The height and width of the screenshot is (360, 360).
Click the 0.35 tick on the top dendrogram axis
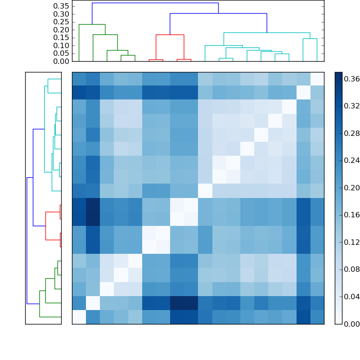point(61,6)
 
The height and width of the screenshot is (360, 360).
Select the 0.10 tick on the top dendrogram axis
point(61,45)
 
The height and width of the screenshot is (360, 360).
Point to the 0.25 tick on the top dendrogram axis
point(61,22)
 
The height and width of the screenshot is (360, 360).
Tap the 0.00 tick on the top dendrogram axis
point(61,61)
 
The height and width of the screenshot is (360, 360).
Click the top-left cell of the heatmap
point(79,78)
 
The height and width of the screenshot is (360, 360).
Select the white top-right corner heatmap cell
point(317,78)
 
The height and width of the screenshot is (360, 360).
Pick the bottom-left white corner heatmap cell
point(79,317)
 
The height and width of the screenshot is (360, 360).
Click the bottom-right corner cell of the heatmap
point(317,317)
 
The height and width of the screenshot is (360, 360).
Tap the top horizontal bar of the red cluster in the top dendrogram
point(170,35)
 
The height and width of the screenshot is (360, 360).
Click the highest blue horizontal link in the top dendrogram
point(155,3)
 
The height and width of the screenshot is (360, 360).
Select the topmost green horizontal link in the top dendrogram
point(92,24)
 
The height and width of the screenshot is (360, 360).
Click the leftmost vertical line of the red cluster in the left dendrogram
point(46,225)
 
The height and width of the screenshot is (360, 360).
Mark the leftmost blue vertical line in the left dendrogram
point(27,240)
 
